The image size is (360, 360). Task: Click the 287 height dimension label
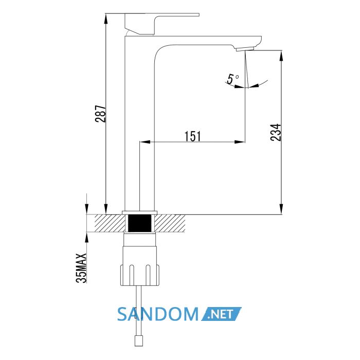(x=101, y=114)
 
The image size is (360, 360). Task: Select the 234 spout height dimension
(x=276, y=132)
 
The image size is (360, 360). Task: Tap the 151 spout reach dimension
(x=193, y=136)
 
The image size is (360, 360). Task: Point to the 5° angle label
(x=232, y=79)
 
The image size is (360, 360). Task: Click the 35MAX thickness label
(x=81, y=268)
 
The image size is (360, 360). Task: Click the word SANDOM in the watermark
(x=158, y=314)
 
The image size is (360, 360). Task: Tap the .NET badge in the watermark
(x=221, y=314)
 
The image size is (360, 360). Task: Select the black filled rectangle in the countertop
(x=139, y=223)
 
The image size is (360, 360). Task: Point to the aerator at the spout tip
(x=245, y=49)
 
